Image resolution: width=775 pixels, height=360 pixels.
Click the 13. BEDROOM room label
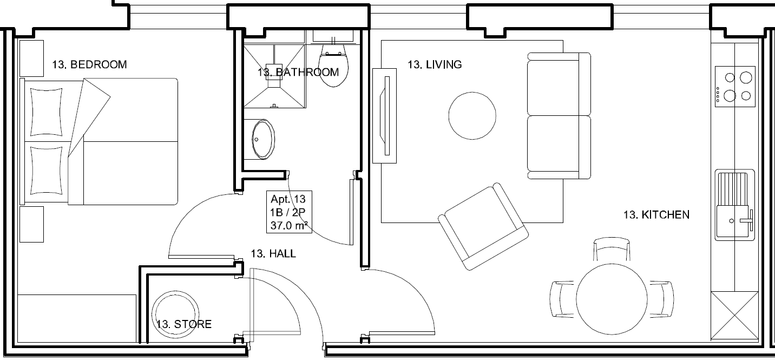pos(89,64)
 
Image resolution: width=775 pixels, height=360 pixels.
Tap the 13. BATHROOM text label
pos(298,72)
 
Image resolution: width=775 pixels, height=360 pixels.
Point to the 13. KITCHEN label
pos(656,215)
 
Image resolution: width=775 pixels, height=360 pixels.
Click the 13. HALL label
pos(273,253)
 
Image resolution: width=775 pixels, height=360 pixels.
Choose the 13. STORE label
pos(183,324)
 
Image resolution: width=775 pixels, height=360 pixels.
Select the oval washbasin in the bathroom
pos(263,139)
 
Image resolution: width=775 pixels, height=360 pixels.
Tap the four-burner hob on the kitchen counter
pos(734,87)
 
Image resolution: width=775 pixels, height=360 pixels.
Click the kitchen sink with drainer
pos(734,205)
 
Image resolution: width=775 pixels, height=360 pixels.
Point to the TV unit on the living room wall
pos(385,115)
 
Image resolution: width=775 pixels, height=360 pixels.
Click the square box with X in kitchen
pos(734,317)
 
